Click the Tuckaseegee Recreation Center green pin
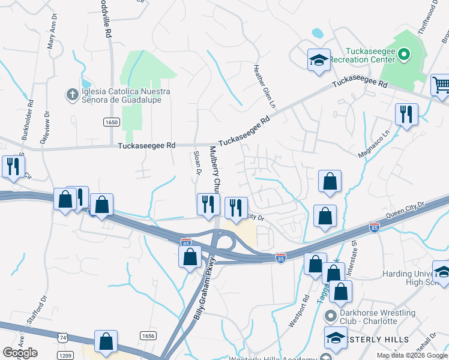click(x=404, y=56)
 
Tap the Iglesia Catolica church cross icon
click(x=71, y=94)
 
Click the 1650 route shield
click(x=111, y=122)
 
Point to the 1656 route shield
click(x=149, y=336)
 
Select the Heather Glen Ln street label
click(x=265, y=86)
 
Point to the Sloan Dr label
click(x=197, y=163)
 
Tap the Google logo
click(x=20, y=353)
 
